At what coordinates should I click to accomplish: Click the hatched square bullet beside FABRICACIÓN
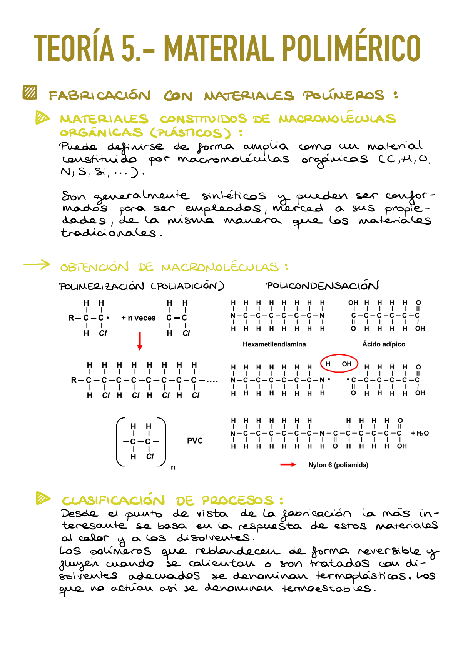click(x=30, y=93)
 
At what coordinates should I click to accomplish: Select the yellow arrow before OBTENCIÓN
click(x=37, y=264)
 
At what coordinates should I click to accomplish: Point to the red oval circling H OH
click(x=339, y=364)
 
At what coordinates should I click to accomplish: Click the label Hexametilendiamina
click(x=274, y=344)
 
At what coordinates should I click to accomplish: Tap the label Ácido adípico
click(x=383, y=344)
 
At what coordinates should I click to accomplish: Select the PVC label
click(x=195, y=441)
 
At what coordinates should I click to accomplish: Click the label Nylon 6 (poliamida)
click(x=338, y=465)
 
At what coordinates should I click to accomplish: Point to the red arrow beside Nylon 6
click(x=288, y=465)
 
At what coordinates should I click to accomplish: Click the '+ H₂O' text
click(x=420, y=433)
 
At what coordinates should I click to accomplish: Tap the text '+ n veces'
click(x=138, y=318)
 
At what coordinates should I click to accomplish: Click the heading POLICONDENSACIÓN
click(x=322, y=286)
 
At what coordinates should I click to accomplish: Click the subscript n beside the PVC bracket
click(x=173, y=467)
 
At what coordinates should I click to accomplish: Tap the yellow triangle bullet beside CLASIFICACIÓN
click(x=43, y=498)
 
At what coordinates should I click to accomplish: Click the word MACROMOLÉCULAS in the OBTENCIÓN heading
click(x=220, y=267)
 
